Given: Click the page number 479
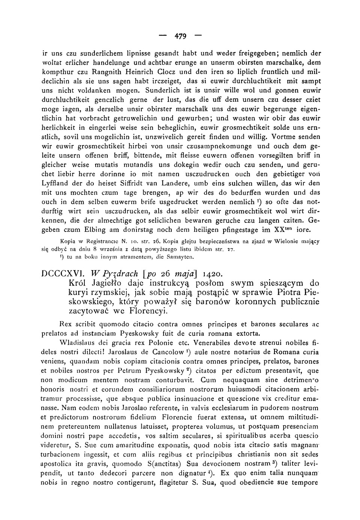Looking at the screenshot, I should [180, 36].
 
